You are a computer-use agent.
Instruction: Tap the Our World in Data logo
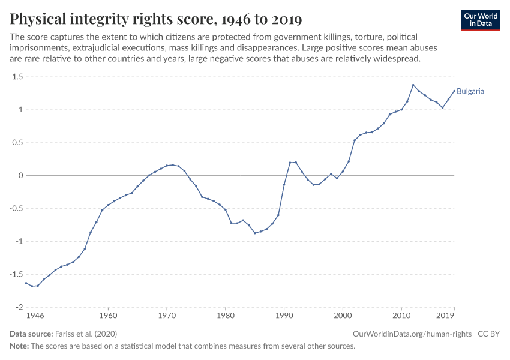point(480,20)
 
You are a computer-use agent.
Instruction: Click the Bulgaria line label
point(470,92)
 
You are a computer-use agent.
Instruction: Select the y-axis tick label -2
point(18,307)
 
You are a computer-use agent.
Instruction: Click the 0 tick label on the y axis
point(20,176)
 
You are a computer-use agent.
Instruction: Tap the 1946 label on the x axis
point(35,315)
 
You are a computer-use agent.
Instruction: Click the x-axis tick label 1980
point(225,315)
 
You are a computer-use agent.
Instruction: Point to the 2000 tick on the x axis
point(343,315)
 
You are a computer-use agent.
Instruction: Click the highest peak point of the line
point(413,85)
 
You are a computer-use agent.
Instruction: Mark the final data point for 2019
point(454,91)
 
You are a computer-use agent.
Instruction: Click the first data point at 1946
point(26,283)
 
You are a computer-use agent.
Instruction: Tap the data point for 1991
point(290,163)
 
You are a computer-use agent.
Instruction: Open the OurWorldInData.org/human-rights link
point(412,334)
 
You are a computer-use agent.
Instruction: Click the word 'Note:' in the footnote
point(20,346)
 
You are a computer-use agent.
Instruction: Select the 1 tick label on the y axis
point(20,110)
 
